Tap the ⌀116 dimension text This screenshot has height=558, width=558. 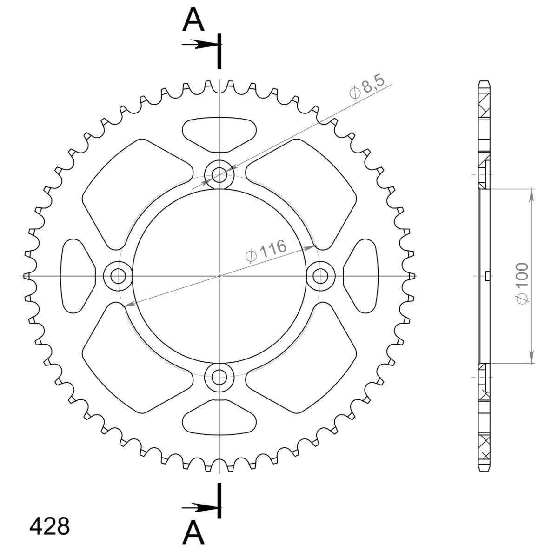tap(266, 251)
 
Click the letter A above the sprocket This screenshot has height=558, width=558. tap(193, 20)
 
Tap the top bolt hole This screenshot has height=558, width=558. tap(219, 175)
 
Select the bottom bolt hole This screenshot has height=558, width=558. tap(219, 377)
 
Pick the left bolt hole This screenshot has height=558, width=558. tap(118, 276)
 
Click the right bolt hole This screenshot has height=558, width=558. tap(320, 276)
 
